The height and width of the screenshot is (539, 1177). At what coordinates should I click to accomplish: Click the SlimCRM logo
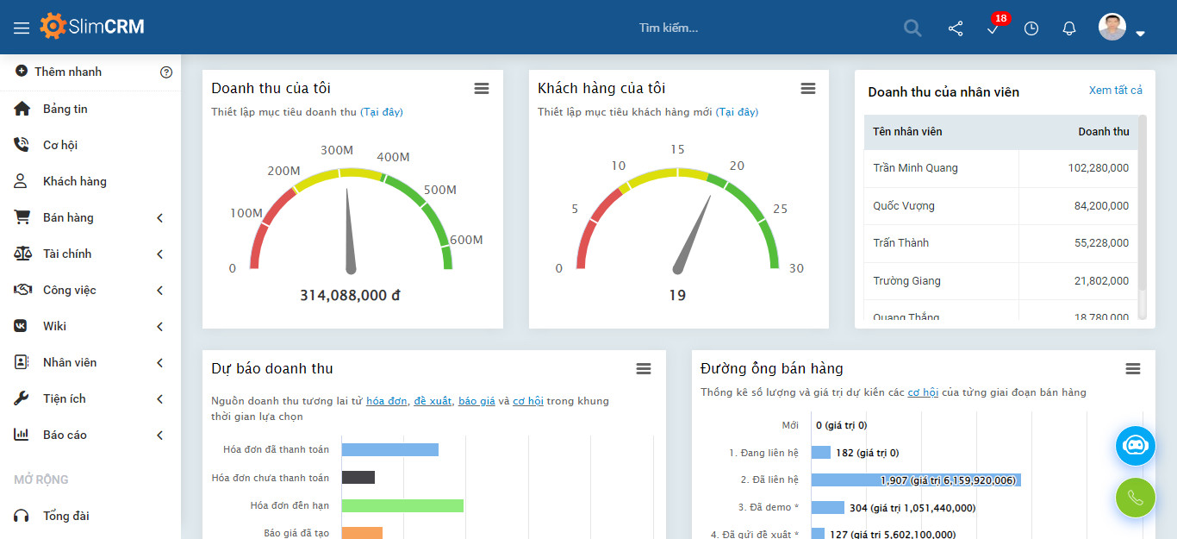(92, 27)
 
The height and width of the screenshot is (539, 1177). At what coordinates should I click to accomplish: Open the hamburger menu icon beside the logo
(22, 28)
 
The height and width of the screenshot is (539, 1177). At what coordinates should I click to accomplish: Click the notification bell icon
(1069, 28)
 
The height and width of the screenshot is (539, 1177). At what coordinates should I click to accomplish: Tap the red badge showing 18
(1000, 18)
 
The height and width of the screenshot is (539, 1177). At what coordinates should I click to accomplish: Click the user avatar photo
(1112, 27)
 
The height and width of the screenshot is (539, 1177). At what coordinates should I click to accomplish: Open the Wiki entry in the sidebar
(54, 326)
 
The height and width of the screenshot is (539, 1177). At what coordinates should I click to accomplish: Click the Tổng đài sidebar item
(66, 516)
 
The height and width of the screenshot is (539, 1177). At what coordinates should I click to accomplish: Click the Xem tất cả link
(1115, 91)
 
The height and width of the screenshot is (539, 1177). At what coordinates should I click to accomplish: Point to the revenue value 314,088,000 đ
(350, 295)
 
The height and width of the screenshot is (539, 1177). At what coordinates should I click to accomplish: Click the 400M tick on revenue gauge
(393, 157)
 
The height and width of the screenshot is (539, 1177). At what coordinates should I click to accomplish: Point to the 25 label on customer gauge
(780, 209)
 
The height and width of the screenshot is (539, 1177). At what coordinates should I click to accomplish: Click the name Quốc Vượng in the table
(903, 205)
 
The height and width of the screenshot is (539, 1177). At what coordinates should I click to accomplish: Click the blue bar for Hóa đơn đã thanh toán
(390, 449)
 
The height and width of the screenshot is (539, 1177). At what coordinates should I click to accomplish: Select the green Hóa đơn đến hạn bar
(402, 505)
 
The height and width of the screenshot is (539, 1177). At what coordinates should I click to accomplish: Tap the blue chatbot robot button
(1135, 446)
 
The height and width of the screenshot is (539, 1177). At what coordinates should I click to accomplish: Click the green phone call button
(1135, 498)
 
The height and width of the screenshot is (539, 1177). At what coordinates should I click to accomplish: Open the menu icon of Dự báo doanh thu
(644, 369)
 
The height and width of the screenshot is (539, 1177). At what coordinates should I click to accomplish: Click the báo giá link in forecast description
(476, 401)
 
